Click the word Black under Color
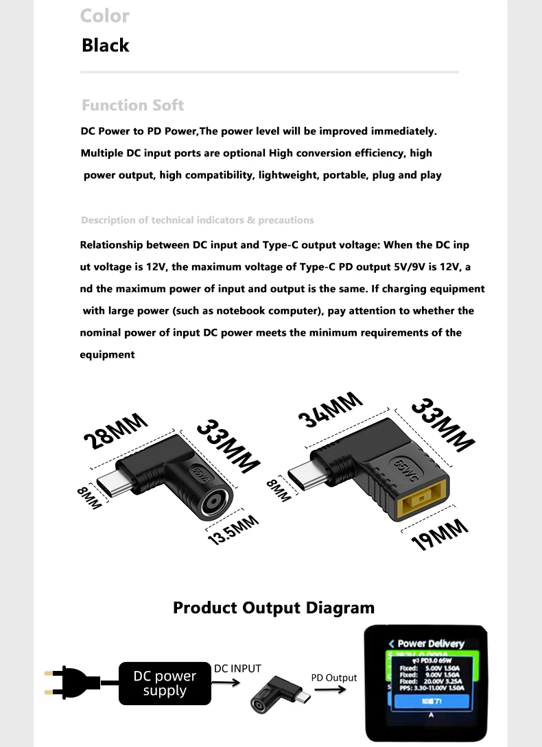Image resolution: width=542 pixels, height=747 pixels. pyautogui.click(x=105, y=45)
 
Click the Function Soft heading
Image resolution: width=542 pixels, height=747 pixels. pyautogui.click(x=132, y=106)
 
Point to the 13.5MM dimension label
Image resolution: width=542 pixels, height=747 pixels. pyautogui.click(x=233, y=530)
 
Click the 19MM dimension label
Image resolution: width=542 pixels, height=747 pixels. pyautogui.click(x=440, y=535)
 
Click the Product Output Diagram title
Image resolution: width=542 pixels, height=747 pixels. pyautogui.click(x=274, y=608)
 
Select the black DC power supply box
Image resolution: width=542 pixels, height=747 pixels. pyautogui.click(x=165, y=683)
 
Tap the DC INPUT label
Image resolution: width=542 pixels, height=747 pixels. pyautogui.click(x=237, y=668)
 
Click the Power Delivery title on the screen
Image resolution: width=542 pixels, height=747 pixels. pyautogui.click(x=430, y=644)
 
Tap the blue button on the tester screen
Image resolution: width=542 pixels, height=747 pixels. pyautogui.click(x=431, y=701)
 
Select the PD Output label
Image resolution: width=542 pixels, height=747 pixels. pyautogui.click(x=333, y=678)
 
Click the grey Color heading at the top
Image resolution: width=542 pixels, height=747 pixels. pyautogui.click(x=104, y=15)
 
